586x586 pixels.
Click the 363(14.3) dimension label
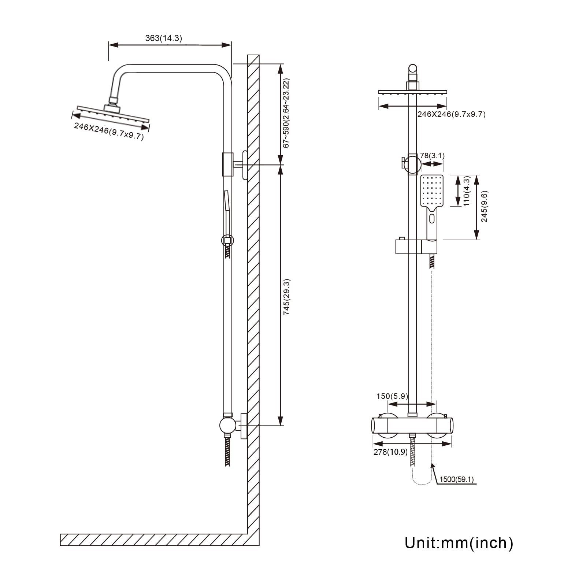163,38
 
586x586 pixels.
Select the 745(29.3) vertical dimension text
287,297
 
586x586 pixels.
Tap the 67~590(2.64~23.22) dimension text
286,113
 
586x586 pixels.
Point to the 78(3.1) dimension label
432,156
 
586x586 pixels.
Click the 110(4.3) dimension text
467,191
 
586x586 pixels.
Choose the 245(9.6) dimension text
484,206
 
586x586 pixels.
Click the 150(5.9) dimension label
392,396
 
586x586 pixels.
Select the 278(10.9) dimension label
390,452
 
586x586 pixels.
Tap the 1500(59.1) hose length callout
456,479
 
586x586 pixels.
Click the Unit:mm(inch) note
459,543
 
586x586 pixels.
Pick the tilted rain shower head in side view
113,113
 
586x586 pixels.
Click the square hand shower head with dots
432,191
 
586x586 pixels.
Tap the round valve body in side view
228,425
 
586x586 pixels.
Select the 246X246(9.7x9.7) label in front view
451,114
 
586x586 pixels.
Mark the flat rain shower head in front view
413,92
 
